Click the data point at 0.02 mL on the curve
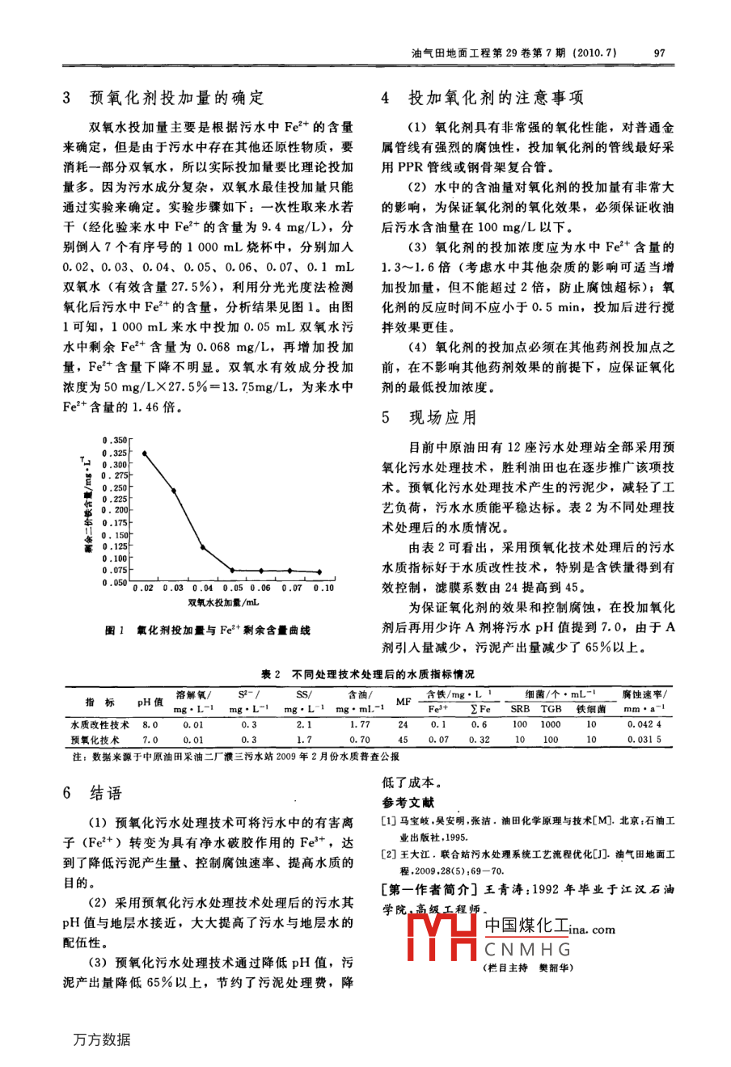pos(144,453)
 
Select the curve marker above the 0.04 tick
pos(203,549)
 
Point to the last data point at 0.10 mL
pos(322,578)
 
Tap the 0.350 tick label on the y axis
pos(116,441)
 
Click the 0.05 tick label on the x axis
pos(233,588)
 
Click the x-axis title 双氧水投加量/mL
pos(223,602)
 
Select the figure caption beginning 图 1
pos(208,630)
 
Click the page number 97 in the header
pos(659,53)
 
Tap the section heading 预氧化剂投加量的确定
pos(176,99)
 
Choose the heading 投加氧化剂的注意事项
pos(496,99)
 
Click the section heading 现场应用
pos(442,418)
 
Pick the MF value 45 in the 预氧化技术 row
pos(403,740)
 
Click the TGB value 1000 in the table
pos(551,725)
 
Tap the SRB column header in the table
pos(520,709)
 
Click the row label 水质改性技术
pos(99,725)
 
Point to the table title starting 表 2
pos(368,674)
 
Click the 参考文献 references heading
pos(408,803)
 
